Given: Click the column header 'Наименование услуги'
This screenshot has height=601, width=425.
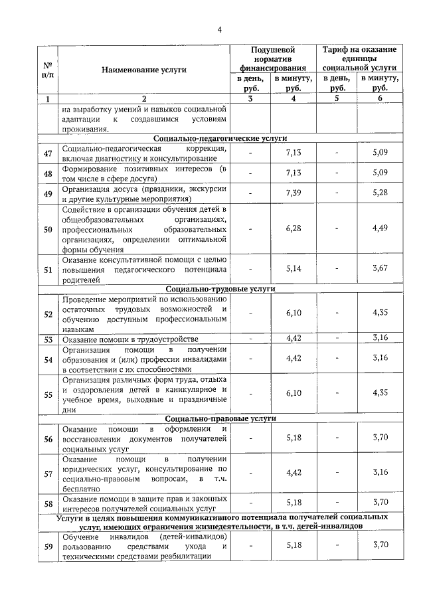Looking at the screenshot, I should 144,69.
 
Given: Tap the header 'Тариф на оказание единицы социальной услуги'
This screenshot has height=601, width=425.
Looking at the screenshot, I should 359,58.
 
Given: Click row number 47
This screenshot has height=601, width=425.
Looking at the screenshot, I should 48,153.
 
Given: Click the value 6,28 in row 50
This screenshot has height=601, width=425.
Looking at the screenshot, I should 293,229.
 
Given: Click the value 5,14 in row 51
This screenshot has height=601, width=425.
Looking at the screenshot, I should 293,270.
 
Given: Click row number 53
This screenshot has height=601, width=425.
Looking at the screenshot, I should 48,339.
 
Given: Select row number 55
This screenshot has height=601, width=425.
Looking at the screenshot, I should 48,394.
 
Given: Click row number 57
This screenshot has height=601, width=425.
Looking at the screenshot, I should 48,473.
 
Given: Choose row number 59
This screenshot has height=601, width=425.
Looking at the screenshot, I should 48,546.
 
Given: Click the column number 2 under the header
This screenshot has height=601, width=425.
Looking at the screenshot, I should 144,99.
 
